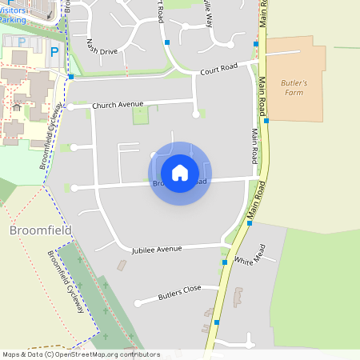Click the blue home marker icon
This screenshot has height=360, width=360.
180,173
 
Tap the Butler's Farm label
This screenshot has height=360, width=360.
295,87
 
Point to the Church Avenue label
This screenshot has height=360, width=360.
118,105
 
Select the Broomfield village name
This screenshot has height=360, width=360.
41,231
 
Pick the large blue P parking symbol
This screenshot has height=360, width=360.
54,52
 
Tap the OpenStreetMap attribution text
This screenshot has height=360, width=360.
80,354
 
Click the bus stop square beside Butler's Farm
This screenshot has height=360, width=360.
266,121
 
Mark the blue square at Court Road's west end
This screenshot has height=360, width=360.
71,78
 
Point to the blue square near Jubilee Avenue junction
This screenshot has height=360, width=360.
224,262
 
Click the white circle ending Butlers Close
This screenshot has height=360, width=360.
138,303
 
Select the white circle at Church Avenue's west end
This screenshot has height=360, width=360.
71,106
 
